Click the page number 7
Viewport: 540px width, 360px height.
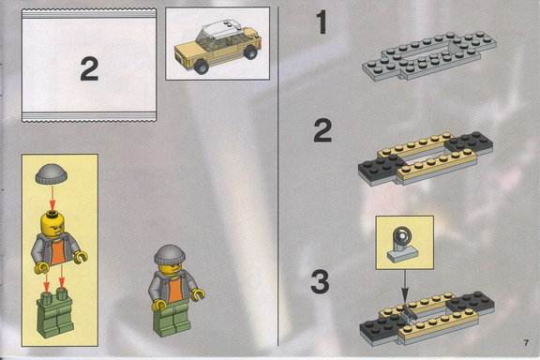[x=526, y=343]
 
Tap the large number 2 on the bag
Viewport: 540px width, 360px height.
[x=89, y=69]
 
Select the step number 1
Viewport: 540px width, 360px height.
[x=322, y=22]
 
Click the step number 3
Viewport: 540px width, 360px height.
[x=320, y=281]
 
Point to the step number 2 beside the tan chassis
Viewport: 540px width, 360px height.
[x=322, y=130]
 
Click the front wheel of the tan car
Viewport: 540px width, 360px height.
[x=202, y=66]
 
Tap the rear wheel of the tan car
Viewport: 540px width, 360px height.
[x=250, y=52]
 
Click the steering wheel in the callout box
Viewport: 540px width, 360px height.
[x=402, y=235]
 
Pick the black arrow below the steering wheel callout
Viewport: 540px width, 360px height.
[x=405, y=286]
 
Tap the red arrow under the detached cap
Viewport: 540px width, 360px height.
[x=52, y=198]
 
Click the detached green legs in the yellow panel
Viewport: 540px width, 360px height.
[x=54, y=314]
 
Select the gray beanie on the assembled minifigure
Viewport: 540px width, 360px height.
[x=170, y=255]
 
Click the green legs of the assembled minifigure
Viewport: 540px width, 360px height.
[x=172, y=318]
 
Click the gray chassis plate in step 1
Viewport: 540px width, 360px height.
[x=429, y=55]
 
